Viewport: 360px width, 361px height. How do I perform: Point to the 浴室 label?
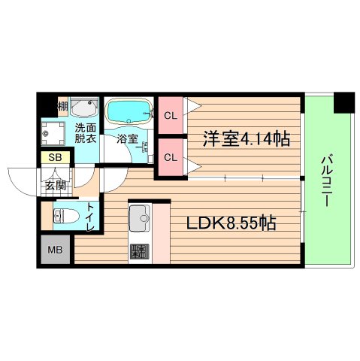tap(127, 138)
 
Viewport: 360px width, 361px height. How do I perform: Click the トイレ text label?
tap(90, 212)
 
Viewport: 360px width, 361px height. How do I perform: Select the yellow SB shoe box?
tap(56, 158)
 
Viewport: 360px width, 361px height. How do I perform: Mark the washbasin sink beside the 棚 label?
tap(83, 105)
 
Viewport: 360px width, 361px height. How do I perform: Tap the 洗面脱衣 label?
tap(84, 134)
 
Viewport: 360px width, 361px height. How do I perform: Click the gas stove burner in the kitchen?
tap(140, 252)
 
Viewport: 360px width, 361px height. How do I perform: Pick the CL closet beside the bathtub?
tap(171, 115)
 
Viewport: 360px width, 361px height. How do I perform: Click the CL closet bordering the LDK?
tap(171, 158)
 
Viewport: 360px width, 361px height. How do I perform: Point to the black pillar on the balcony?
tap(343, 101)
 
